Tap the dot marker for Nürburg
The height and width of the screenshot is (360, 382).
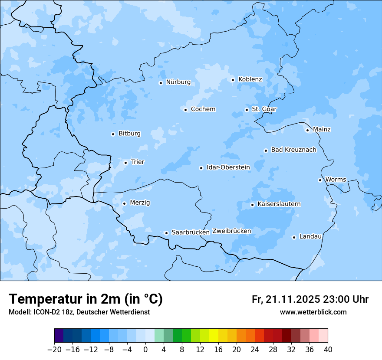click(161, 83)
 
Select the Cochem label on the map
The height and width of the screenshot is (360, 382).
click(203, 109)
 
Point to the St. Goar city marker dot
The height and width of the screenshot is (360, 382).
click(247, 110)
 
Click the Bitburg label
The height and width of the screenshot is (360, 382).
click(129, 134)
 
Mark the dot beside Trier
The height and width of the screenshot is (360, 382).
click(125, 163)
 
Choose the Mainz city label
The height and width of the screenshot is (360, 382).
click(322, 129)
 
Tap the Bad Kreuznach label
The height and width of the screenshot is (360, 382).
click(293, 150)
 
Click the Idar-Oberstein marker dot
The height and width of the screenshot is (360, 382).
click(201, 168)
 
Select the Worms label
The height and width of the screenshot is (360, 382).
click(336, 180)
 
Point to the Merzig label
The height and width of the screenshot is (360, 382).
click(140, 203)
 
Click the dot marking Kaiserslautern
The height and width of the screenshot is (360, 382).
click(252, 205)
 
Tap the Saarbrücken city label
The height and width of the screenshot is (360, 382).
click(191, 232)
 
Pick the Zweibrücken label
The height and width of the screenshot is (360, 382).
click(231, 231)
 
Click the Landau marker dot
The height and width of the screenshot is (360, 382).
click(294, 237)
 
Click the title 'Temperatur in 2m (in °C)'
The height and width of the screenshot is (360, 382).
click(86, 299)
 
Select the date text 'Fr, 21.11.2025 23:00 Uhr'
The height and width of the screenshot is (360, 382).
click(310, 299)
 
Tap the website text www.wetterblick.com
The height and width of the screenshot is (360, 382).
click(313, 312)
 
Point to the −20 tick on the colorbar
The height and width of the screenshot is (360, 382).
click(55, 350)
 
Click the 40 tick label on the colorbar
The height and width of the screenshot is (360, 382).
click(328, 350)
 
